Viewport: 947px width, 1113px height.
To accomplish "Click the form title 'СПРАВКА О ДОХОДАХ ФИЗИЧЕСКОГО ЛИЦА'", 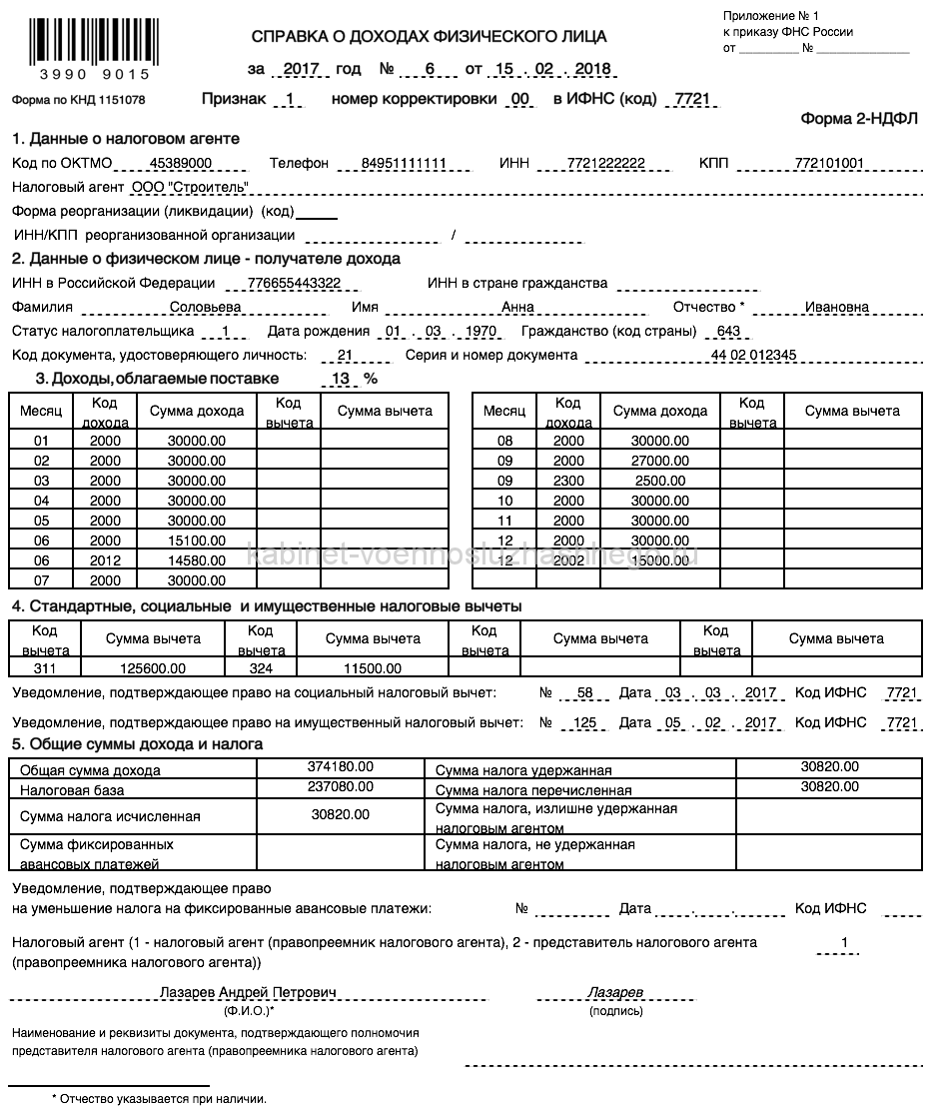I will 429,38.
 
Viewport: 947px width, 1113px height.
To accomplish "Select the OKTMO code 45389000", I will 180,164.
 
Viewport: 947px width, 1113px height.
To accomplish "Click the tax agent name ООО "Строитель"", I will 190,187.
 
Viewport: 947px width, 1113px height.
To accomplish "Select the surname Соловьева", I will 206,308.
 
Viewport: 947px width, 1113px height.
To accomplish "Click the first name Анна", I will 517,308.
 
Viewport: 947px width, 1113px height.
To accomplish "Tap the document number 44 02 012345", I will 753,356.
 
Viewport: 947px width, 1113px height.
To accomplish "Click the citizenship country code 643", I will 727,332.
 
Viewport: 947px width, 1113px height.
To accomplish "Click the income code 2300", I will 568,481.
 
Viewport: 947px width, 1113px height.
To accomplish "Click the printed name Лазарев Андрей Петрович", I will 249,993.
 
